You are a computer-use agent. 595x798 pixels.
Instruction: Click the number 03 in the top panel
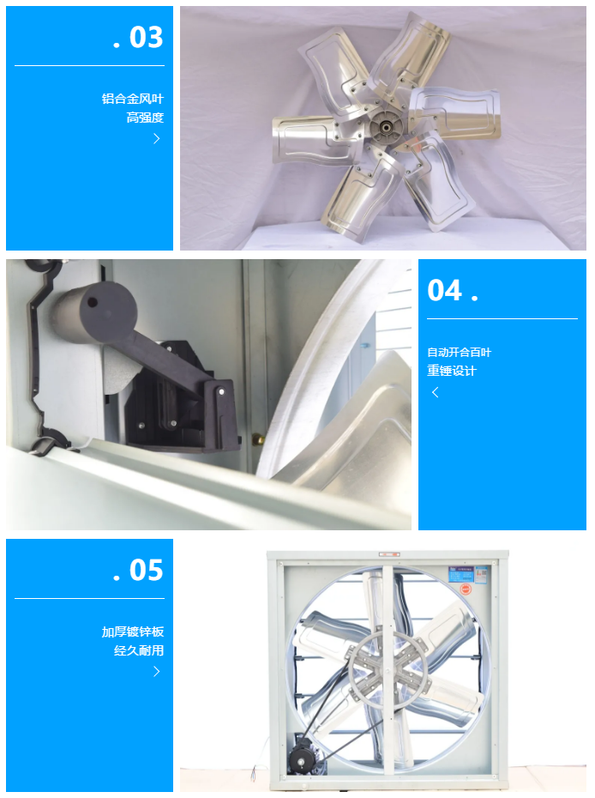(146, 37)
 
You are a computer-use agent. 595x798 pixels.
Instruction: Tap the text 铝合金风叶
(133, 99)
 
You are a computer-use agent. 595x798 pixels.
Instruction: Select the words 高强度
(145, 118)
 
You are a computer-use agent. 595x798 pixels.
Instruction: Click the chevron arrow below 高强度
(157, 138)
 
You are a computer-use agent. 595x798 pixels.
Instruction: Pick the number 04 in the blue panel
(444, 291)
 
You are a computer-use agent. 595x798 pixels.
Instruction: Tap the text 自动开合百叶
(460, 352)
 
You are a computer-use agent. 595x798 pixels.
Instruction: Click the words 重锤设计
(452, 371)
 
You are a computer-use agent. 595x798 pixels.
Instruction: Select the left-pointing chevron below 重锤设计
(436, 392)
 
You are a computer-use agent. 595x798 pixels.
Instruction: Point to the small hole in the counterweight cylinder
(93, 302)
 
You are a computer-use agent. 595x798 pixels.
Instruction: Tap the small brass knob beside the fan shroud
(258, 438)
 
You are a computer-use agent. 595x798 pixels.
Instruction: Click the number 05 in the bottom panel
(146, 570)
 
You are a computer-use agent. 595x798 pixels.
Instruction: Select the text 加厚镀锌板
(133, 632)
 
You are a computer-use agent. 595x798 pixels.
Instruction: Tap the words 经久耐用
(139, 650)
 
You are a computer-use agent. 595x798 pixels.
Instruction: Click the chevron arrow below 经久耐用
(157, 671)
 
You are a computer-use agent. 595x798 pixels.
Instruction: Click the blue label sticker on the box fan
(468, 575)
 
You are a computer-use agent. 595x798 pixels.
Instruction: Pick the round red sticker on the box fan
(466, 589)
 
